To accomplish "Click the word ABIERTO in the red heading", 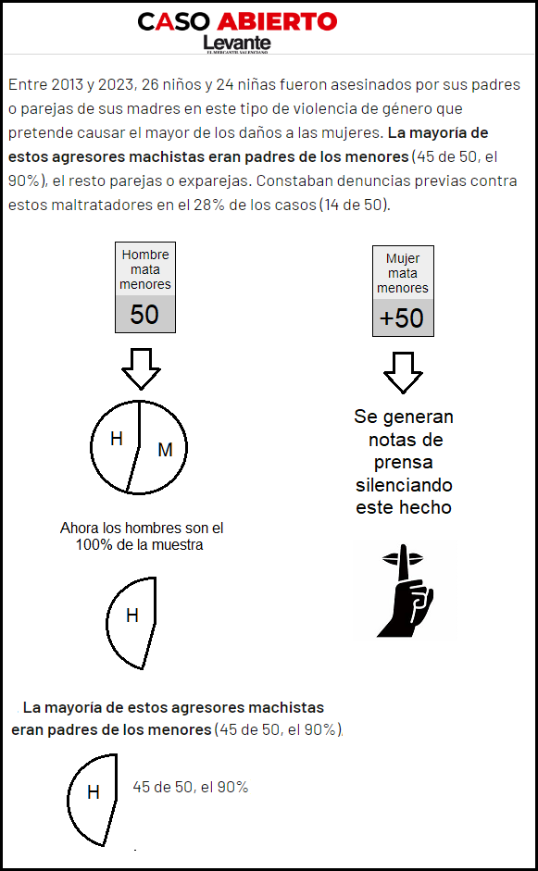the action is pos(278,21).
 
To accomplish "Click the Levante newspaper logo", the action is pos(237,44).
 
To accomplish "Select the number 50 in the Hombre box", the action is pos(144,315).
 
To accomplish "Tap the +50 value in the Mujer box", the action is pos(403,318).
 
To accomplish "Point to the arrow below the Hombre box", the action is pos(141,368).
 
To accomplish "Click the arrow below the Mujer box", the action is pos(403,373).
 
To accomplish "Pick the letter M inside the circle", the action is pos(165,450).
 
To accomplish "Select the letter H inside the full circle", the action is pos(116,439).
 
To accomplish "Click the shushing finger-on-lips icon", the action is pos(406,590).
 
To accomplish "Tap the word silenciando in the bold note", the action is pos(404,485).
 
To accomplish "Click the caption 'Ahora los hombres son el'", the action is pos(142,528).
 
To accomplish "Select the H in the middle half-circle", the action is pos(132,616).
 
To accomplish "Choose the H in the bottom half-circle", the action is pos(94,792).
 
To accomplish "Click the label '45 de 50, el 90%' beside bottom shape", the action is pos(190,787).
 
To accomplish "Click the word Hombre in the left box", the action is pos(145,255).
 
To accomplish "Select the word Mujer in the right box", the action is pos(403,258).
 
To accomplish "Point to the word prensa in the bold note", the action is pos(404,462).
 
